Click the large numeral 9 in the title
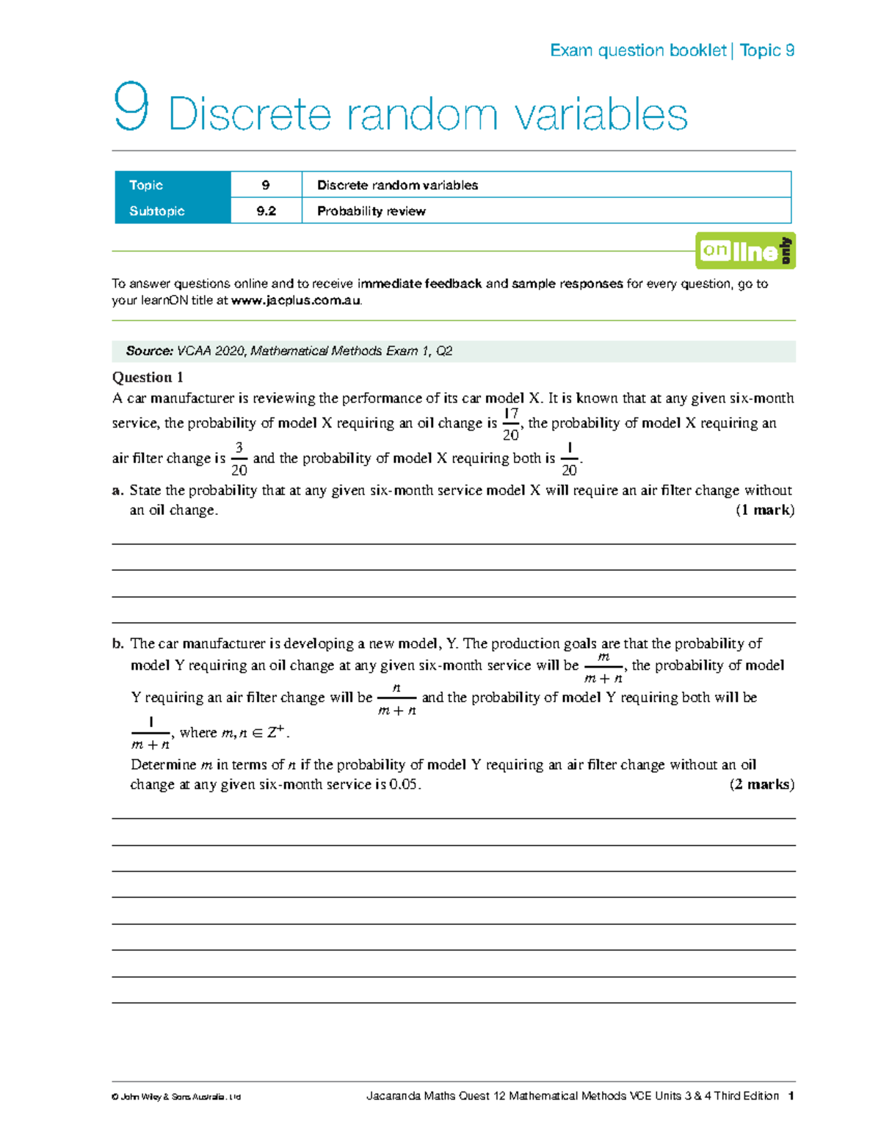pyautogui.click(x=131, y=109)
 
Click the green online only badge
pyautogui.click(x=745, y=251)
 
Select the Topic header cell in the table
pyautogui.click(x=173, y=185)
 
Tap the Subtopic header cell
pyautogui.click(x=173, y=211)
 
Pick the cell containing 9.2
pyautogui.click(x=266, y=211)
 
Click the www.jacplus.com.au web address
pyautogui.click(x=295, y=301)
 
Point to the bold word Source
pyautogui.click(x=150, y=351)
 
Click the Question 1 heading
pyautogui.click(x=147, y=377)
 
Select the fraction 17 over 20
pyautogui.click(x=510, y=424)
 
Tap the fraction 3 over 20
pyautogui.click(x=239, y=458)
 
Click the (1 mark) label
pyautogui.click(x=764, y=511)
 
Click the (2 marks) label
pyautogui.click(x=761, y=785)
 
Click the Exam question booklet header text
pyautogui.click(x=638, y=51)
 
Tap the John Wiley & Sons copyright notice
pyautogui.click(x=176, y=1097)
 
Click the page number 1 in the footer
pyautogui.click(x=791, y=1096)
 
